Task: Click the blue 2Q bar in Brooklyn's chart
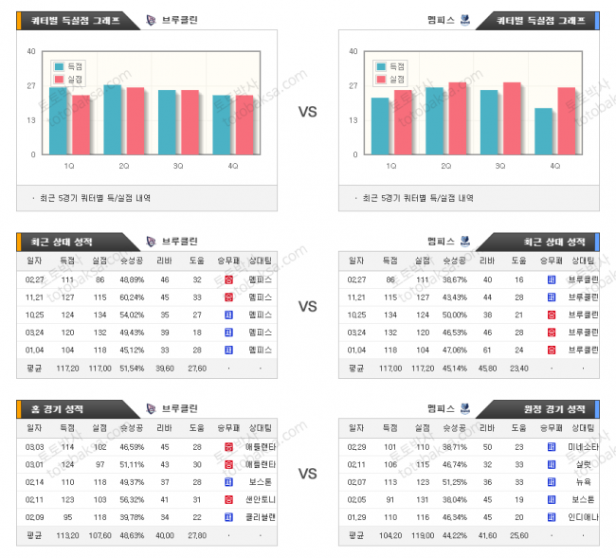[113, 119]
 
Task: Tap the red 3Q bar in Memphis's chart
[513, 118]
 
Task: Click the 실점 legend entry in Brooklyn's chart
[72, 80]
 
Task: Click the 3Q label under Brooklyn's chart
[178, 166]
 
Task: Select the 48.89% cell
[132, 279]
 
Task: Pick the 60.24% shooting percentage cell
[132, 297]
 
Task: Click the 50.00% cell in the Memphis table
[454, 315]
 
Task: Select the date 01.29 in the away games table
[356, 516]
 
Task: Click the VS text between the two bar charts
[307, 112]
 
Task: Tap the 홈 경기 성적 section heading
[55, 408]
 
